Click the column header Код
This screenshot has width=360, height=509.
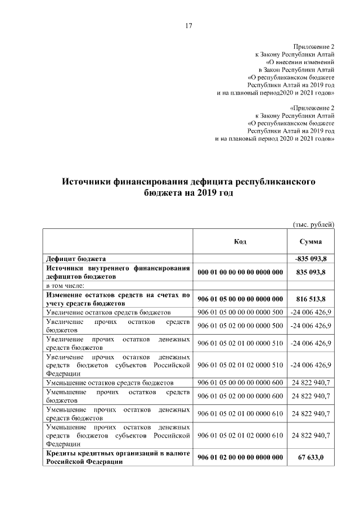[x=240, y=241]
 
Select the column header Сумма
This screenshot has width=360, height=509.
[x=311, y=241]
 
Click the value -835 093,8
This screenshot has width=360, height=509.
[x=311, y=259]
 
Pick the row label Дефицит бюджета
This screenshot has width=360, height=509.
[x=76, y=259]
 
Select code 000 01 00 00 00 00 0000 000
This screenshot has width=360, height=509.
[x=240, y=272]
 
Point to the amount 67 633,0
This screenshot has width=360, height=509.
[x=311, y=456]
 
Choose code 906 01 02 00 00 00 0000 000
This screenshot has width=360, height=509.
[x=240, y=456]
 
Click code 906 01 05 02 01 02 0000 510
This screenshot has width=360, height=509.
[x=240, y=364]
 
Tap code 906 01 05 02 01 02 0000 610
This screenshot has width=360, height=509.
[x=240, y=435]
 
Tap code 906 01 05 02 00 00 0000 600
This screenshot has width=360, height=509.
[x=240, y=395]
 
